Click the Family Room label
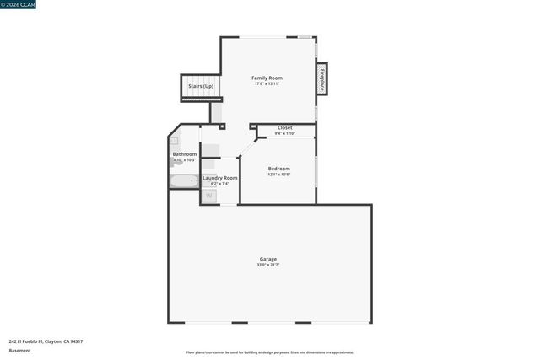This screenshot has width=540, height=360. pos(267,78)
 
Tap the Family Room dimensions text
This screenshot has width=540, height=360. pos(267,83)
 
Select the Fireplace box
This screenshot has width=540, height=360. pos(321,79)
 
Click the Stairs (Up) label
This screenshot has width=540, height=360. pos(200,86)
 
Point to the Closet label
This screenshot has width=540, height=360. pos(285,127)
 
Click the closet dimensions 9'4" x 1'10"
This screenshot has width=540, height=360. pos(285,133)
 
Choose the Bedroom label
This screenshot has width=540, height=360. pos(278,169)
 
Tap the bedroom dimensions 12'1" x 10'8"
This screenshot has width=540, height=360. pos(278,175)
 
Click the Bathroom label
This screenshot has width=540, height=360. pos(185,154)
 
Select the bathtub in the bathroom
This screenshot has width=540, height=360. pos(183,180)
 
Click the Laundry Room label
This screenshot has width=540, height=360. pos(219,178)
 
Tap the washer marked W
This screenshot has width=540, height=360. pos(209,196)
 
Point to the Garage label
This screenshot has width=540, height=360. pos(267,259)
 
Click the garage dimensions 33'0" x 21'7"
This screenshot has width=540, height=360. pos(267,265)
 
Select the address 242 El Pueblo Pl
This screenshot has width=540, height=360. pos(46,341)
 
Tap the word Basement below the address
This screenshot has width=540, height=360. pos(19,350)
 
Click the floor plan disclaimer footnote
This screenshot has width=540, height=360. pos(269,352)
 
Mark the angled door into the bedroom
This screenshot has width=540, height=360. pos(247,147)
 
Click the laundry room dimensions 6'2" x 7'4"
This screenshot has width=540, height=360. pos(219,184)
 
